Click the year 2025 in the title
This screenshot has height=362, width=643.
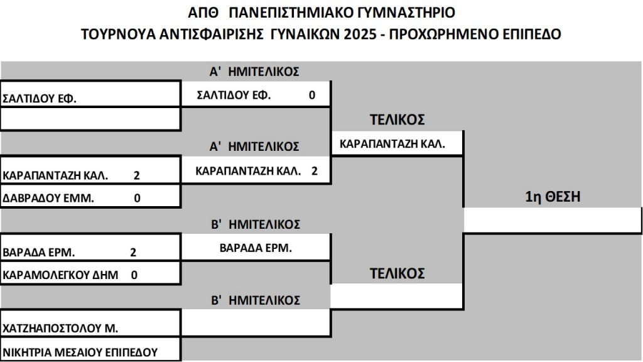[360, 34]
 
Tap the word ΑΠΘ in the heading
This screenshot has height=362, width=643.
[203, 13]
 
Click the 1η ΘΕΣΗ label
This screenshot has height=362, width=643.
[553, 197]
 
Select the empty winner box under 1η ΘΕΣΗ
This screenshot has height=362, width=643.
[553, 221]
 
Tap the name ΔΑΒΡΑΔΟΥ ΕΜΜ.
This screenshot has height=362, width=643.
[48, 198]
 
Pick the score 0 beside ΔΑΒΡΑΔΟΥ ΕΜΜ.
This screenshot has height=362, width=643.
[137, 198]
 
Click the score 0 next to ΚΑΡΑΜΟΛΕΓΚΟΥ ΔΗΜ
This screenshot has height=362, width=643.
[134, 275]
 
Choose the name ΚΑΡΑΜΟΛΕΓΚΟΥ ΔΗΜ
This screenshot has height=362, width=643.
[60, 275]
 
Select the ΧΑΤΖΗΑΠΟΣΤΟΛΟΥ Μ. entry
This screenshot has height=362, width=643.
[60, 328]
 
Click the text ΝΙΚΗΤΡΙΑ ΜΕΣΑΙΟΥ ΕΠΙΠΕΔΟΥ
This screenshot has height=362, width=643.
[80, 353]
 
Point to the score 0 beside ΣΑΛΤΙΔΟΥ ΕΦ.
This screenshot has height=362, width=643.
[311, 96]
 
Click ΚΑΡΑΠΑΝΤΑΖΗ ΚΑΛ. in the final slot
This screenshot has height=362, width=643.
[392, 144]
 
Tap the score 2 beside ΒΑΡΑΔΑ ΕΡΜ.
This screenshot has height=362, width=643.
[133, 252]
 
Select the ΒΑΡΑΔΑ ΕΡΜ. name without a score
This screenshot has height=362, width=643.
[256, 248]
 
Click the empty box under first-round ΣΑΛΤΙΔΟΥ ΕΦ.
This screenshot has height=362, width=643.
[90, 119]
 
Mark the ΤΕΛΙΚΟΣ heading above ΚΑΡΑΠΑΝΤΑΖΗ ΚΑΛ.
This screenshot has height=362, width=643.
[397, 119]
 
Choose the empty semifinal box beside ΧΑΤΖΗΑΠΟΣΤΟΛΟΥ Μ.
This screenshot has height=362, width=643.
[256, 322]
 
